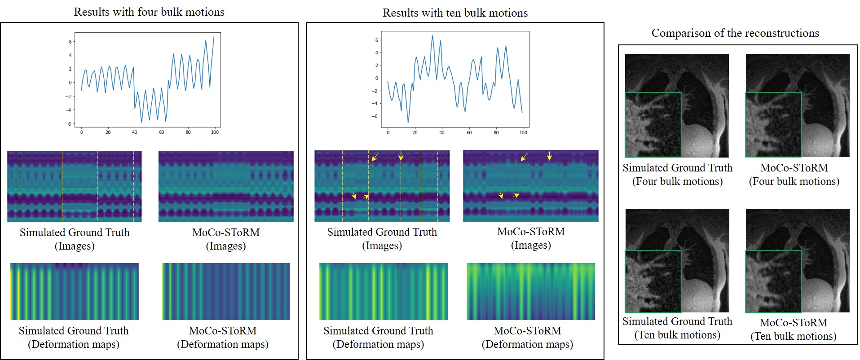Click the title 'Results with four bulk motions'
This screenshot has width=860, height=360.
(149, 12)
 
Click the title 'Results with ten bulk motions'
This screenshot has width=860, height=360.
(455, 13)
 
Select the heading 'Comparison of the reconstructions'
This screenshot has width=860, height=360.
(735, 33)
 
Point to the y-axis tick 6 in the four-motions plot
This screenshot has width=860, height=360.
(70, 42)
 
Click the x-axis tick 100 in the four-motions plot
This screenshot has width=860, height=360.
(215, 132)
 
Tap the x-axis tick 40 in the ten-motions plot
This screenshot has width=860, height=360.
(442, 132)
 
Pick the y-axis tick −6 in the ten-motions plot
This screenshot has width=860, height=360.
(376, 116)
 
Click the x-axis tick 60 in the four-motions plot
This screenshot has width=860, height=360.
(162, 132)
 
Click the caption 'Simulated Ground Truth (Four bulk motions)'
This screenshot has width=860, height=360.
(677, 175)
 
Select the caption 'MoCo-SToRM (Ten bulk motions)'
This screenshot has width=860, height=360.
(794, 329)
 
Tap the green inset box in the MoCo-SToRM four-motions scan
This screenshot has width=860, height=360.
(773, 125)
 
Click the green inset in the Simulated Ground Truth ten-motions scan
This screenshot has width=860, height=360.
(653, 281)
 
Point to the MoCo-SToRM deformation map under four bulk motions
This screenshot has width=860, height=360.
(226, 291)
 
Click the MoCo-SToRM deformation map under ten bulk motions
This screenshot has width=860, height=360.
(531, 291)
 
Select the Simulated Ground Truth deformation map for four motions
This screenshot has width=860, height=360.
(75, 291)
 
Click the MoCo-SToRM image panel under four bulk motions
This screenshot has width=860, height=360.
(226, 186)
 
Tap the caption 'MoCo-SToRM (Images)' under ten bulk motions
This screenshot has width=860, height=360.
(531, 238)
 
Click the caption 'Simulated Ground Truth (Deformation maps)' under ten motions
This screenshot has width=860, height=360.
(378, 338)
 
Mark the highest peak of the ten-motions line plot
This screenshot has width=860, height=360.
(432, 35)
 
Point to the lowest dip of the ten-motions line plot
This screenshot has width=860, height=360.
(408, 123)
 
